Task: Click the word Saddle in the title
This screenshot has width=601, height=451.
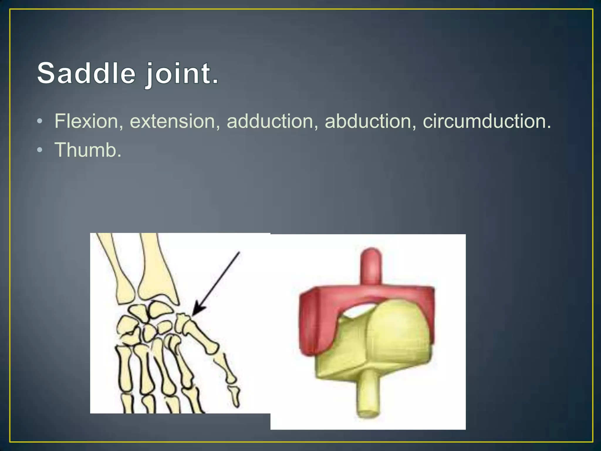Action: [x=86, y=73]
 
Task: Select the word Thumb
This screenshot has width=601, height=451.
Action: [x=87, y=150]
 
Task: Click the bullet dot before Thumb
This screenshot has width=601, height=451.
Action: [x=40, y=150]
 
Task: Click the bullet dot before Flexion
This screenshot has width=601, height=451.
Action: [x=40, y=122]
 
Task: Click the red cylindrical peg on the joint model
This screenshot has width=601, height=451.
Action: [x=372, y=266]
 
